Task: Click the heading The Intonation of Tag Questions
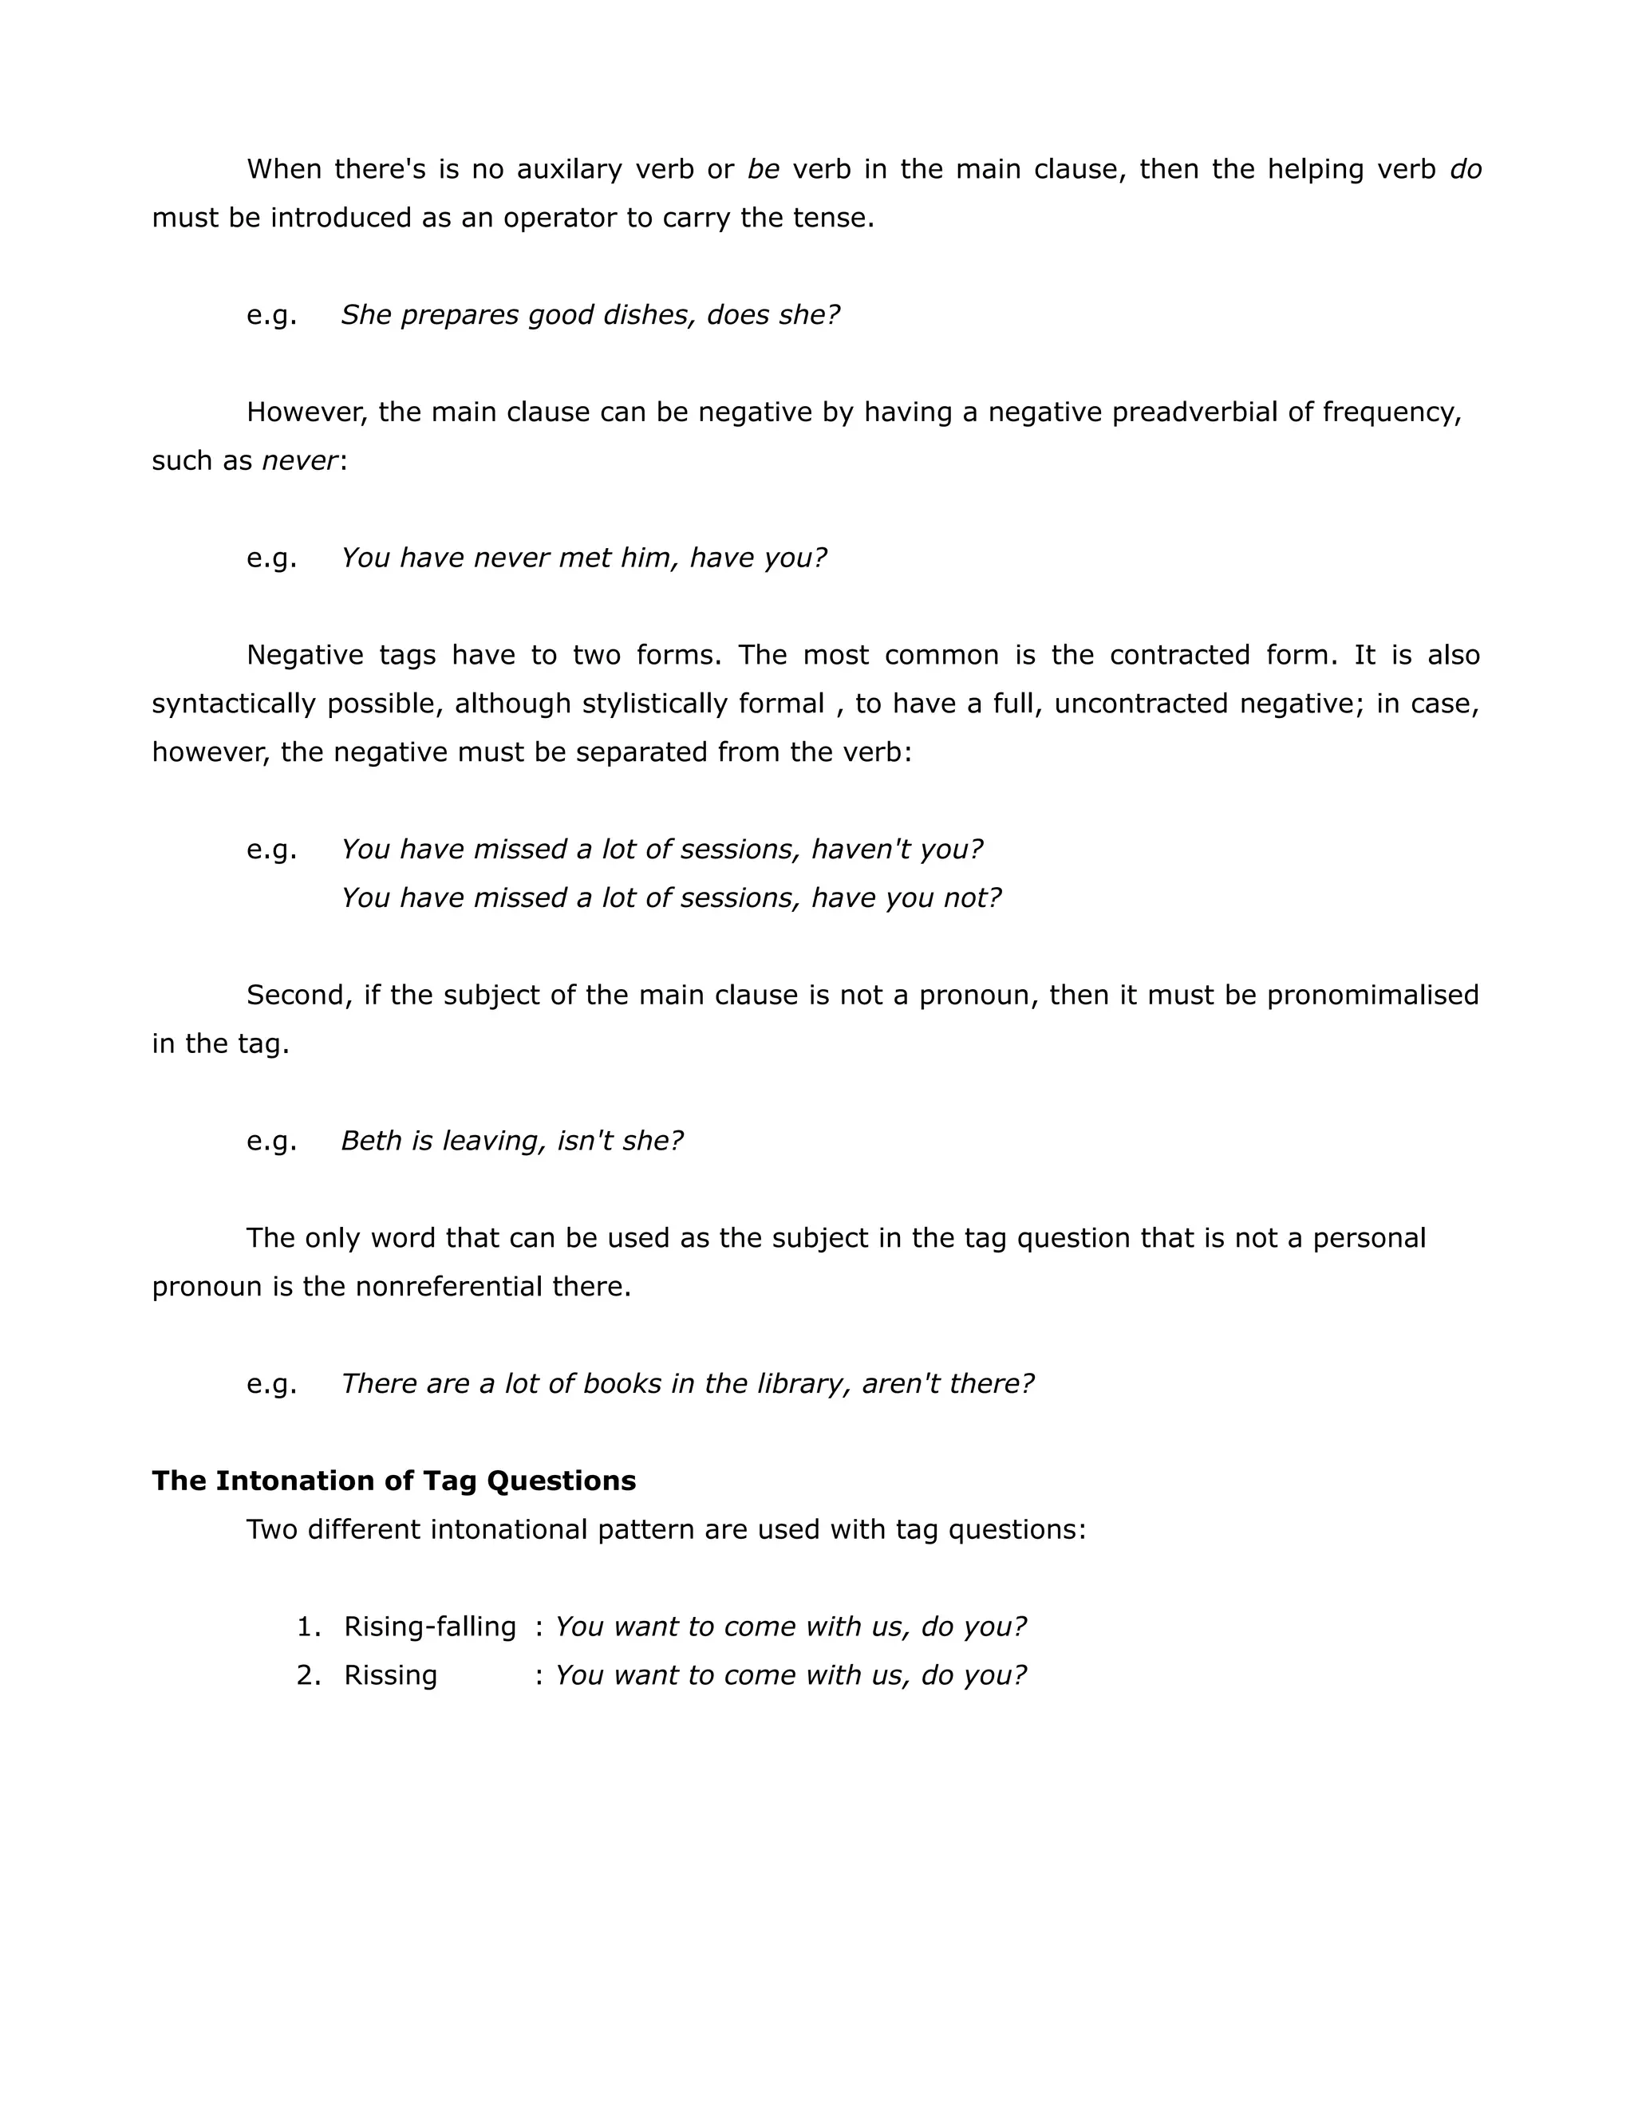coord(393,1481)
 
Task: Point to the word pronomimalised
coord(1372,995)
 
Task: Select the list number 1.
coord(308,1627)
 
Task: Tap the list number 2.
coord(308,1675)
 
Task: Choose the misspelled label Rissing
coord(390,1675)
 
